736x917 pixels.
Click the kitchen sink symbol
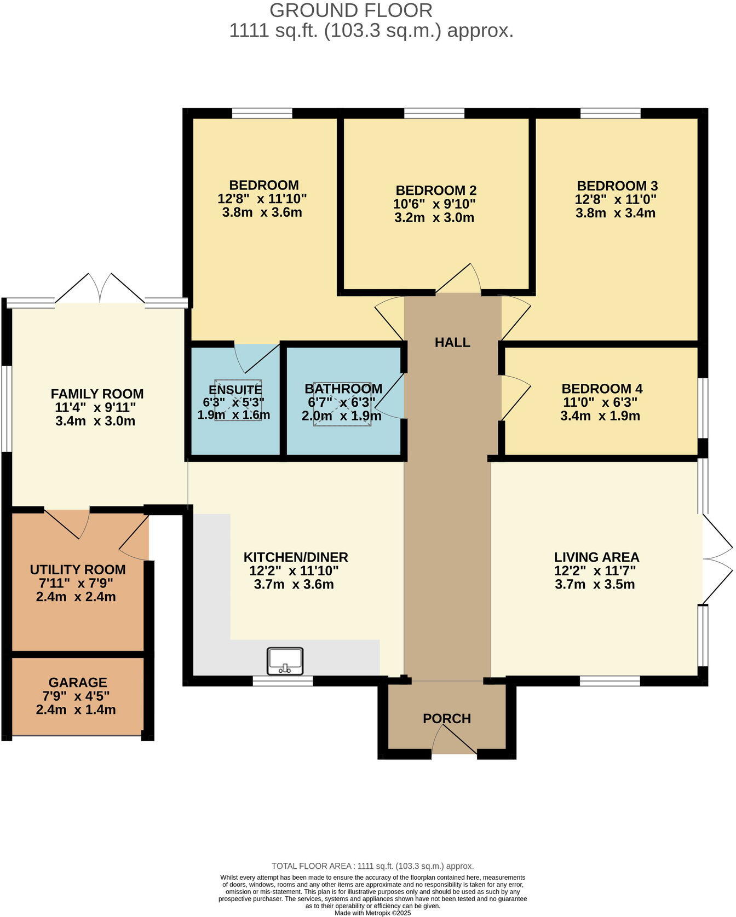(x=285, y=661)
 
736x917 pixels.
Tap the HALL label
(x=452, y=343)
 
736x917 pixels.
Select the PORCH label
(x=447, y=719)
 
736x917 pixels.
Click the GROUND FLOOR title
(x=351, y=10)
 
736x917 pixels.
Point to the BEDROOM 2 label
(x=436, y=191)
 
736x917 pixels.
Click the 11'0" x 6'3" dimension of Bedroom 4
(x=601, y=402)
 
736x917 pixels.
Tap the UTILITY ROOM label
(x=78, y=570)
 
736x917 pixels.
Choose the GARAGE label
(x=78, y=683)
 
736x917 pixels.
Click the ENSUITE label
(x=235, y=390)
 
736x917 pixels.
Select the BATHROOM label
(x=343, y=389)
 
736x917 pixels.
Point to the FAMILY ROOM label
(x=97, y=394)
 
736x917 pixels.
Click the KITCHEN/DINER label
(x=296, y=557)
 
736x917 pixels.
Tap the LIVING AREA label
(x=596, y=557)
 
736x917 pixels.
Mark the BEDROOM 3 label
(x=617, y=186)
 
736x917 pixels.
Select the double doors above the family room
(x=100, y=289)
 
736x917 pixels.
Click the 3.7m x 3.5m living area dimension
(x=595, y=584)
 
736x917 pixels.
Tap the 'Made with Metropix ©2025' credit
(x=372, y=913)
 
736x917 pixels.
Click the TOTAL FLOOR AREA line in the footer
(x=372, y=866)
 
